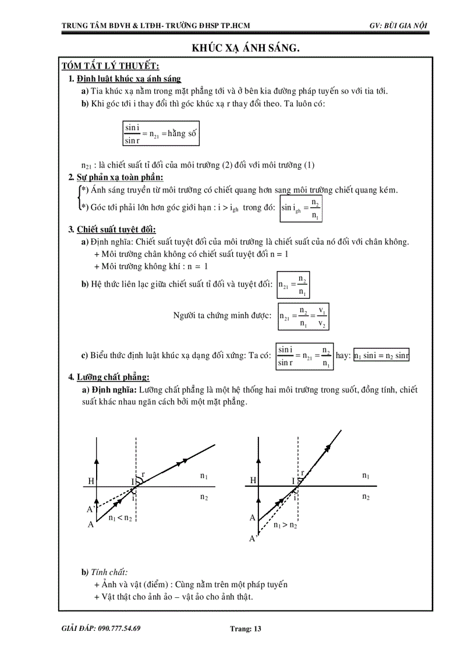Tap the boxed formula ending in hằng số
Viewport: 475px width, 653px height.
pos(161,134)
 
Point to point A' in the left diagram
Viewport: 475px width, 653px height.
pos(91,509)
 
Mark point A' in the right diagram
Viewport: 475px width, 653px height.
pos(253,539)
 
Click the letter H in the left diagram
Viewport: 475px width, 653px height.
pos(91,481)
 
